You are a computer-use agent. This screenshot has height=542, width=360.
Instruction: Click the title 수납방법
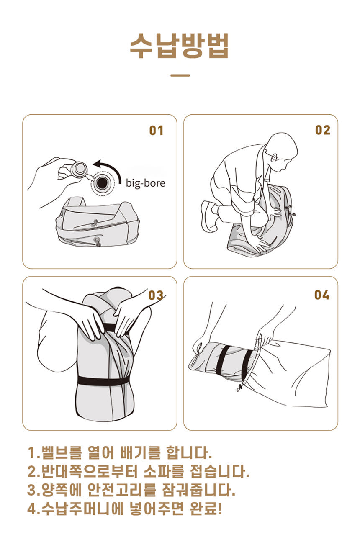179,46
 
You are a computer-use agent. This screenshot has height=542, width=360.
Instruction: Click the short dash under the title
180,75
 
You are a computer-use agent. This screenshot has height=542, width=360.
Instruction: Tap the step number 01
156,131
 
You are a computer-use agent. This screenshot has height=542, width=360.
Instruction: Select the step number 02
322,130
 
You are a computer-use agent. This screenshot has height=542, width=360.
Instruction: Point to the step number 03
156,295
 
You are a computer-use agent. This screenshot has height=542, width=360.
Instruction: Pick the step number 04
322,295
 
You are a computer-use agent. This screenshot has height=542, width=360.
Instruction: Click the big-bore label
145,183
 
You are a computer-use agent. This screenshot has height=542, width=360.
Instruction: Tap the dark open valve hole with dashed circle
102,183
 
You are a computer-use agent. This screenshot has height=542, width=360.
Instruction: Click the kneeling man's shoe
209,216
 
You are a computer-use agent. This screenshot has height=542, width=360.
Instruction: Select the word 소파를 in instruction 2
164,471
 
